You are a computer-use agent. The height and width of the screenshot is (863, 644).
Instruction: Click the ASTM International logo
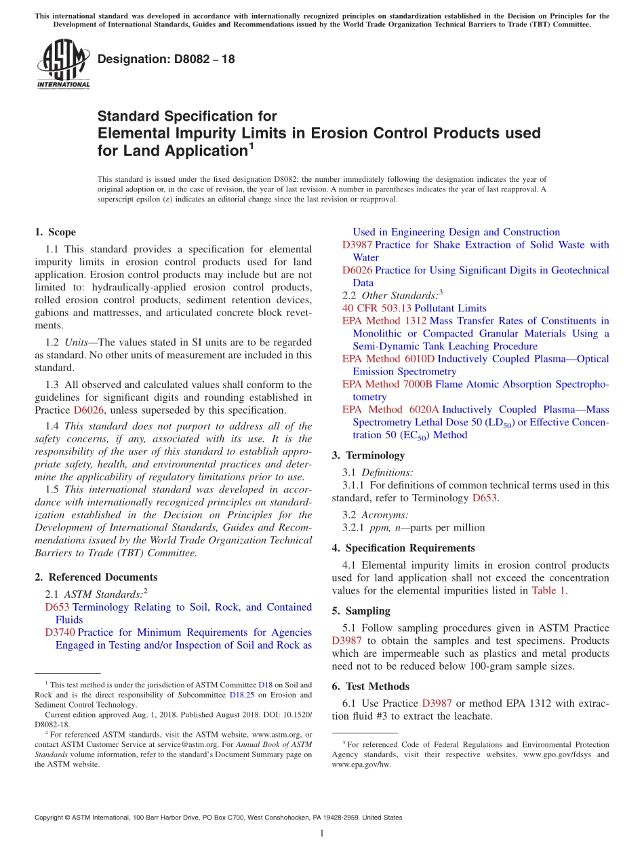coord(63,64)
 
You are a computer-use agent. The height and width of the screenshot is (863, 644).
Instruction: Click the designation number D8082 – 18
coord(166,59)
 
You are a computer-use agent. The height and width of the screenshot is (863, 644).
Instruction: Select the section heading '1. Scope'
coord(55,232)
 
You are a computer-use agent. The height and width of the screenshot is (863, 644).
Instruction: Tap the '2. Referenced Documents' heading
coord(96,577)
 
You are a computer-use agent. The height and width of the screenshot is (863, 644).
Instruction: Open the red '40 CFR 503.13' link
coord(377,308)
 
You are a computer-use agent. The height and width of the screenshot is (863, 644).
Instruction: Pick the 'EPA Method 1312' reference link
coord(384,321)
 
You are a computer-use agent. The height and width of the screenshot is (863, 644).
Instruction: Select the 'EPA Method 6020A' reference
coord(390,410)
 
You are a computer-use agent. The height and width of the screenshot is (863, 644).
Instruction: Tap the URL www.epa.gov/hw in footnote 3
coord(361,764)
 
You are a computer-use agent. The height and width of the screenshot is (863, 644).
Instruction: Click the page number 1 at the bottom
coord(322,835)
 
